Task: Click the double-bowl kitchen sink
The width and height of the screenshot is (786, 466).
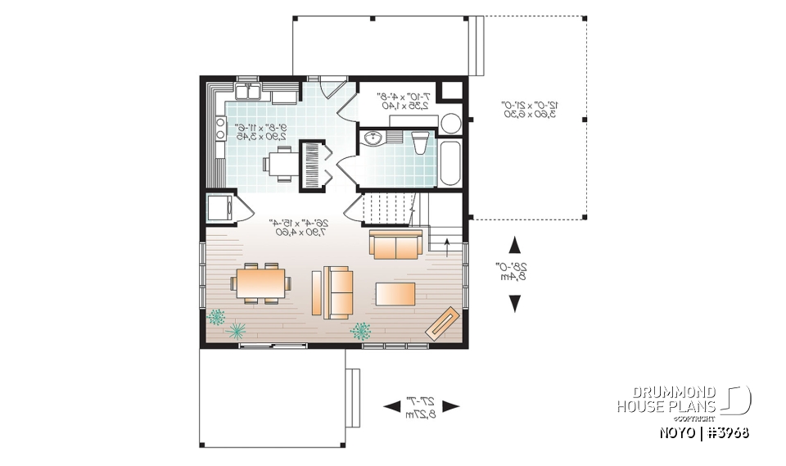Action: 248,93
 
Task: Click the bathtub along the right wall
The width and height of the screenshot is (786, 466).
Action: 450,162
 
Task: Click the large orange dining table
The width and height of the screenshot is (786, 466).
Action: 260,284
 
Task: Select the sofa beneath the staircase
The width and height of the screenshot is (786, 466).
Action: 396,243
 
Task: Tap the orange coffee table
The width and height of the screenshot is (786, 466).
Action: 395,292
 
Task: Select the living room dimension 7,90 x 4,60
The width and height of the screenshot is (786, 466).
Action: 299,233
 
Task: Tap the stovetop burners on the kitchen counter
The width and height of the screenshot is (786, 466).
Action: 220,128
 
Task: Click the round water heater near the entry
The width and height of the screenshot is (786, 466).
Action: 451,124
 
